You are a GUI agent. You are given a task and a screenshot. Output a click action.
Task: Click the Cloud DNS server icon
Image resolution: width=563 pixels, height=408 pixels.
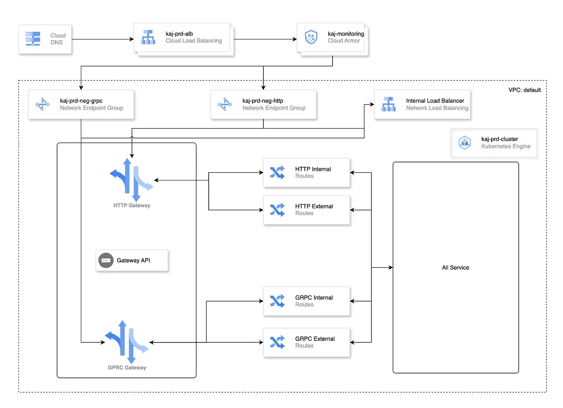(33, 39)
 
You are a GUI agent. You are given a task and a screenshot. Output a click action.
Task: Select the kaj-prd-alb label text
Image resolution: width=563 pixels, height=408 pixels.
(179, 34)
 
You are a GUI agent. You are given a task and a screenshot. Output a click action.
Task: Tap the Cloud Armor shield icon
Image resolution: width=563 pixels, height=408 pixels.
(311, 37)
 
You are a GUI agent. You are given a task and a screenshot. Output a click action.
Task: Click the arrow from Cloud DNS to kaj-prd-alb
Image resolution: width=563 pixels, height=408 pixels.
(103, 39)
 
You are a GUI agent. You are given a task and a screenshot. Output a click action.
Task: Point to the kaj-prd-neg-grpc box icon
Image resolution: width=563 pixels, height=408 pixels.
(42, 104)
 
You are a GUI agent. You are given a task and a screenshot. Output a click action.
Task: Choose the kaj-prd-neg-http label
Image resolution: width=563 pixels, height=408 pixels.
(263, 101)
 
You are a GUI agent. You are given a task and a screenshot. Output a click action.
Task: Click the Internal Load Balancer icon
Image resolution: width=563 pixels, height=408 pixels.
(388, 104)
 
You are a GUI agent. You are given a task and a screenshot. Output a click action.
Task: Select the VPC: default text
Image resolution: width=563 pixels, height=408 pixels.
(524, 90)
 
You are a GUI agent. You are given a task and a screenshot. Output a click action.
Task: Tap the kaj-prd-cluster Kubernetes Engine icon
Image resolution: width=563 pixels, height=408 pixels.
(465, 142)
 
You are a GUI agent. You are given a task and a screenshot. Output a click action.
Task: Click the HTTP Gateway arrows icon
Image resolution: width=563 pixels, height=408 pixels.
(132, 180)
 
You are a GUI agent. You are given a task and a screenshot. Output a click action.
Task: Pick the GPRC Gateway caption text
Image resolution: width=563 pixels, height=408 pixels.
(127, 367)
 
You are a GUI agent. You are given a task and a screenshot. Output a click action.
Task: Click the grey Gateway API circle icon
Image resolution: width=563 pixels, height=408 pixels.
(106, 260)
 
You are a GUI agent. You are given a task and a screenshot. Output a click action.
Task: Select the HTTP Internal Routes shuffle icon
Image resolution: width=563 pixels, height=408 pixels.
(277, 172)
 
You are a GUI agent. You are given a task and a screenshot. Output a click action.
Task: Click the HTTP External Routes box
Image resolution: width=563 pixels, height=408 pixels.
(306, 210)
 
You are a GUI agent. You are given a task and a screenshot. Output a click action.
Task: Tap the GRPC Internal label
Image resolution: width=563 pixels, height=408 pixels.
(314, 297)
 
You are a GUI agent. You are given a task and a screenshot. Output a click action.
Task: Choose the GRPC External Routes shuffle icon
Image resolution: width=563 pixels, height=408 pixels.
(277, 342)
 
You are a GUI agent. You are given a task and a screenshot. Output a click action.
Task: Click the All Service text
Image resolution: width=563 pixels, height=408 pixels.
(455, 268)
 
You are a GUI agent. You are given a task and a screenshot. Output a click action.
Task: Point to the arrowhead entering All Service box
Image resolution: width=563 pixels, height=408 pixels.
(390, 267)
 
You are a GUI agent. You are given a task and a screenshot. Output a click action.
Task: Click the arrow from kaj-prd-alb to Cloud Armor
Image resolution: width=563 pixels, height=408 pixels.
(265, 39)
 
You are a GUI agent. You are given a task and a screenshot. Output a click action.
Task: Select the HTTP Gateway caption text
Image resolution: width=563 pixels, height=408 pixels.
(132, 205)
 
